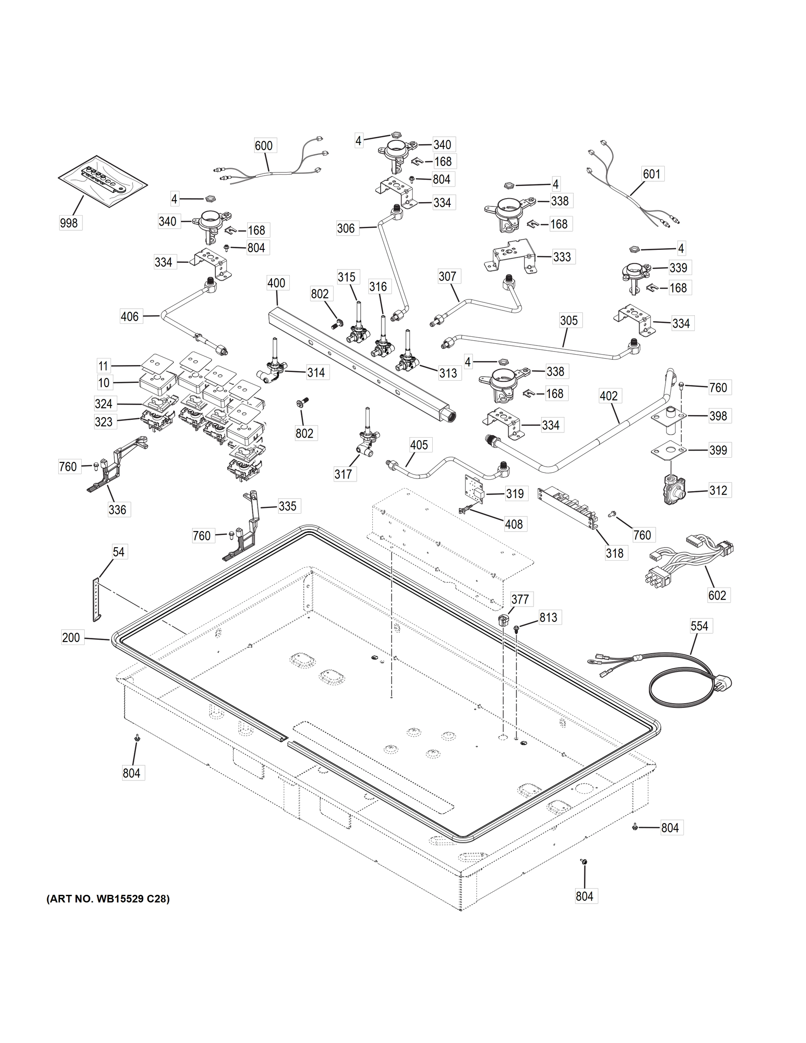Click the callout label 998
(69, 223)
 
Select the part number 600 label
(264, 145)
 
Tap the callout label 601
(651, 174)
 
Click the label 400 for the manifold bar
(276, 283)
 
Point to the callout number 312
(718, 491)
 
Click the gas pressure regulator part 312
(672, 488)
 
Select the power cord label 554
(699, 626)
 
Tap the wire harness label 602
(717, 595)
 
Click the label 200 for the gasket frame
(71, 637)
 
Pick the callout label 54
(119, 551)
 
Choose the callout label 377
(520, 599)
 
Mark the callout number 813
(548, 618)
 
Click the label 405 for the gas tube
(419, 445)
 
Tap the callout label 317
(343, 474)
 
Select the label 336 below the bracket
(117, 510)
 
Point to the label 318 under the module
(614, 553)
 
